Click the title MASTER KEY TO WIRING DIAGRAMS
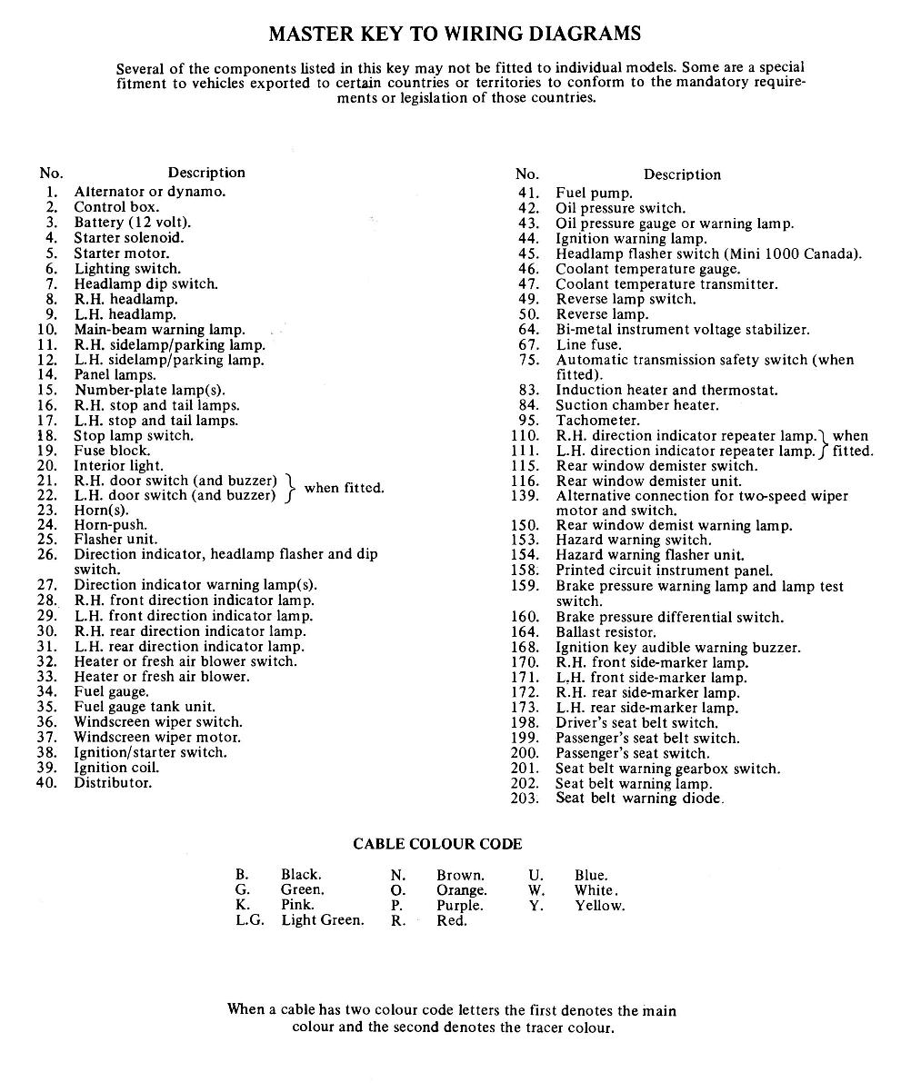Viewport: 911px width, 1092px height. click(455, 35)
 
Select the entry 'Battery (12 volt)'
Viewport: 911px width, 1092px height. click(133, 223)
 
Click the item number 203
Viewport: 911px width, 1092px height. click(525, 799)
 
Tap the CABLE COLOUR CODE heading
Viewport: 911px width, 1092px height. click(437, 845)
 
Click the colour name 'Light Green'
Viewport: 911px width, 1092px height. click(322, 920)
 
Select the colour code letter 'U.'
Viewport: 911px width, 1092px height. click(536, 876)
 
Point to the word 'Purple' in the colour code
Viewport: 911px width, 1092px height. click(459, 906)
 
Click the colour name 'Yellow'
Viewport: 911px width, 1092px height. click(599, 906)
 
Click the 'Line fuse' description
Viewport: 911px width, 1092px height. click(589, 345)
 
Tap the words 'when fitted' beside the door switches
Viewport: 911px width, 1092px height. click(344, 488)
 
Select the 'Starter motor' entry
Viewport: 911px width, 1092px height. click(121, 253)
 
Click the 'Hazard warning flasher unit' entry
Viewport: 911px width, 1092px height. click(650, 555)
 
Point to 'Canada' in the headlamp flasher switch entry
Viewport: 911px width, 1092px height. click(834, 254)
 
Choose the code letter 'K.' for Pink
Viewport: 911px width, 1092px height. click(243, 906)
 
